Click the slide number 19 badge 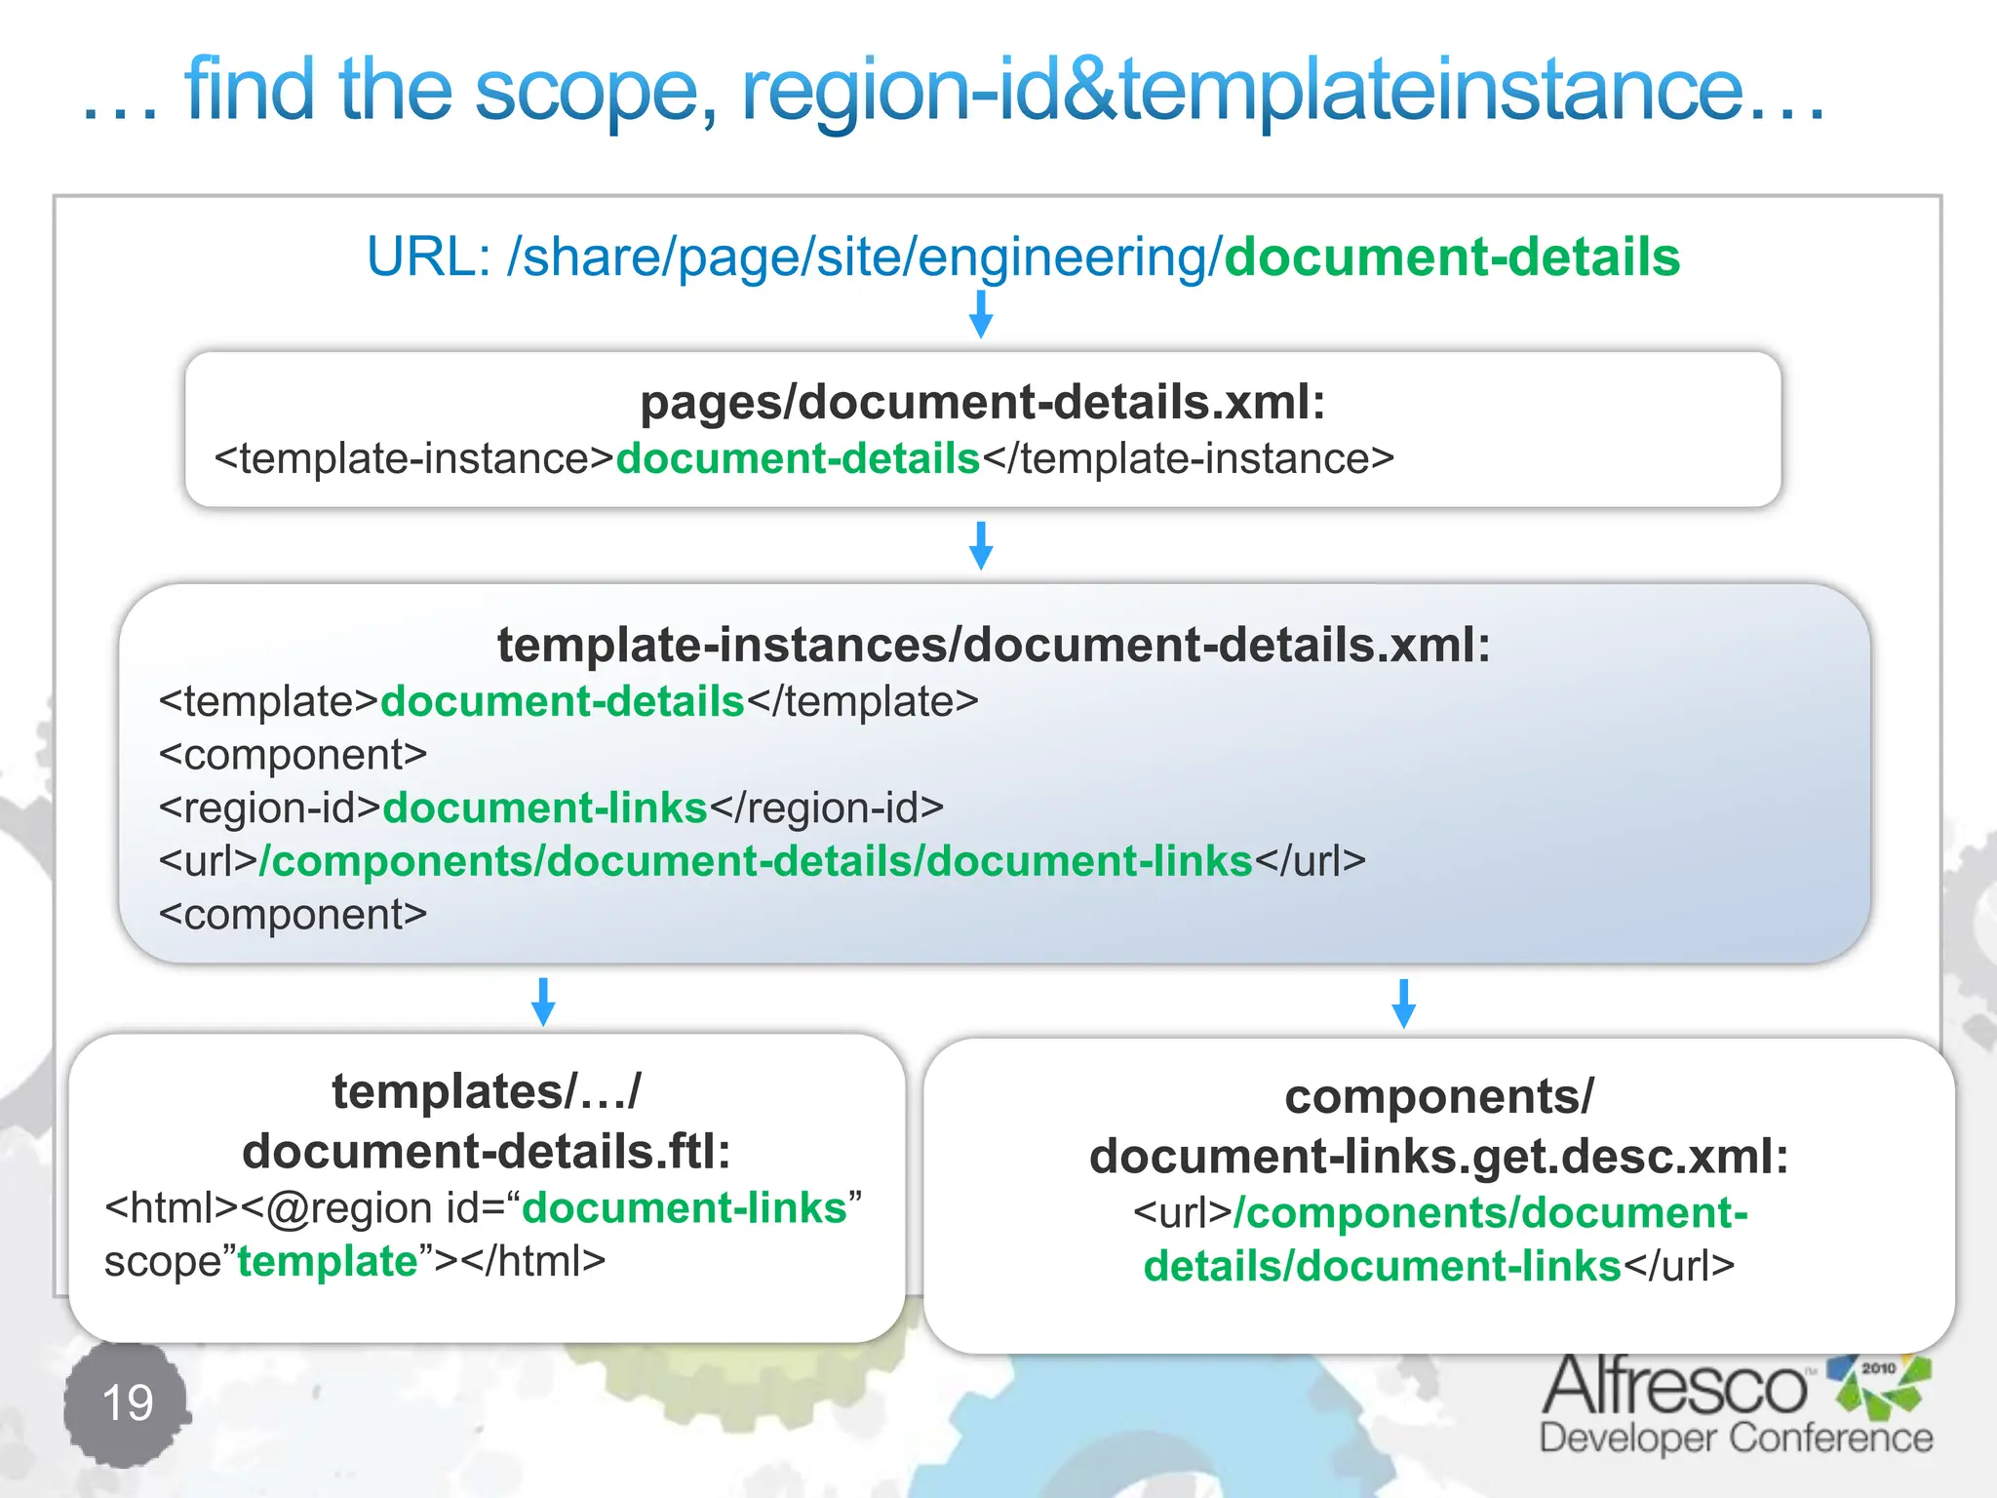tap(127, 1403)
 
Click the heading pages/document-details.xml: tap(982, 402)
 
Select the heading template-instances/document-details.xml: tap(993, 645)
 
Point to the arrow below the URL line tap(981, 314)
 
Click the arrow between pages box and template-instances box tap(981, 545)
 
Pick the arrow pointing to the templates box tap(543, 1002)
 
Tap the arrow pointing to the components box tap(1403, 1003)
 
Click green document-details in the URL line tap(1451, 257)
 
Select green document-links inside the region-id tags tap(544, 808)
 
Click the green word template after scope tap(328, 1261)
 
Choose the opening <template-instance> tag tap(413, 458)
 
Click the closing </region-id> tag tap(827, 808)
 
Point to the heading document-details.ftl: tap(487, 1152)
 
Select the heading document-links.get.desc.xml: tap(1438, 1157)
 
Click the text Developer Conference tap(1736, 1439)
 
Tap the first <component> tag tap(293, 755)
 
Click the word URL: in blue tap(428, 257)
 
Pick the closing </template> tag tap(862, 701)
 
